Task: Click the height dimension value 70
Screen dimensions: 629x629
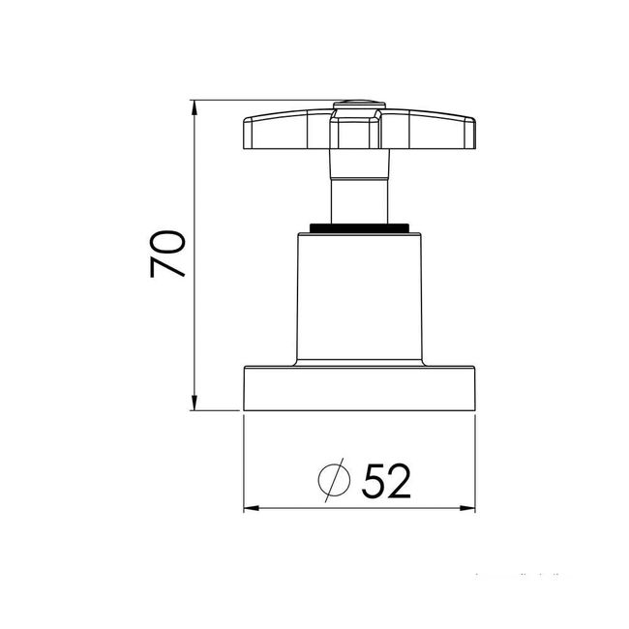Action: (167, 254)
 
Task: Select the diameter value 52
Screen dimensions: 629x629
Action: (387, 479)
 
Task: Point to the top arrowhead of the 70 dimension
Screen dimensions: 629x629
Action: (195, 105)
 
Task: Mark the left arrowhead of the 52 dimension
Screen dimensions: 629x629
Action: (250, 507)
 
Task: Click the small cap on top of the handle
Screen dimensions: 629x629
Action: (359, 103)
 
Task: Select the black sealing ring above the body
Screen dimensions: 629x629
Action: (359, 228)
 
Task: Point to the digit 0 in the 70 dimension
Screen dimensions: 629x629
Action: (167, 239)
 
